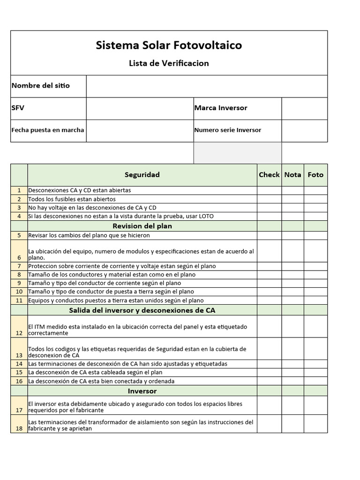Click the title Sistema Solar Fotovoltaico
tap(169, 45)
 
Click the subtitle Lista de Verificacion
tap(169, 63)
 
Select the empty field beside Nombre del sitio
tap(207, 86)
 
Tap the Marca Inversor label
tap(221, 108)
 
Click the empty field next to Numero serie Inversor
tap(304, 130)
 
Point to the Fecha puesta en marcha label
tap(48, 130)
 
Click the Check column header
tap(269, 175)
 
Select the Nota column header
tap(292, 175)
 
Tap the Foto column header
tap(315, 175)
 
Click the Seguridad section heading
tap(142, 175)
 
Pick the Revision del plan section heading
tap(142, 226)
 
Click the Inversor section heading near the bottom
tap(142, 391)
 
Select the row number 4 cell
tap(19, 216)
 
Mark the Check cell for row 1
tap(269, 191)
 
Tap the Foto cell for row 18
tap(315, 425)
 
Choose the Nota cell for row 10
tap(292, 292)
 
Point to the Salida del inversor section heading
tap(142, 310)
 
